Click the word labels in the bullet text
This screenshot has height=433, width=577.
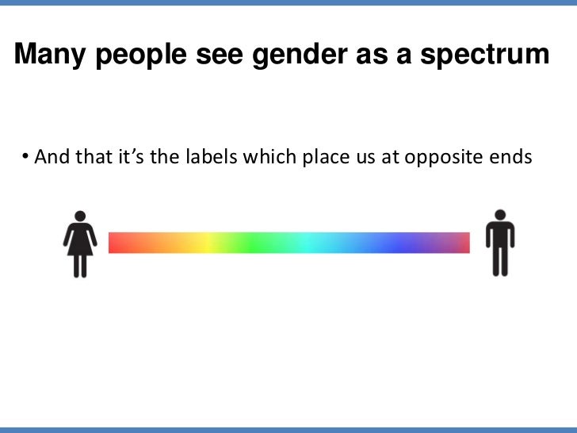click(211, 156)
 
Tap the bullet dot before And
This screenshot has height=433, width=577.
click(25, 156)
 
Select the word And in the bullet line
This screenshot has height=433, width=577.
click(52, 156)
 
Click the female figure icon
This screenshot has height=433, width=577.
click(80, 243)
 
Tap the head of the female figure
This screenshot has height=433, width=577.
click(80, 215)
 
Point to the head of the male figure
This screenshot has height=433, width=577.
click(500, 214)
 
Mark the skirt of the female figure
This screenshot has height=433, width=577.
click(80, 242)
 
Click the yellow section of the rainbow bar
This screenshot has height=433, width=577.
click(206, 243)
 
